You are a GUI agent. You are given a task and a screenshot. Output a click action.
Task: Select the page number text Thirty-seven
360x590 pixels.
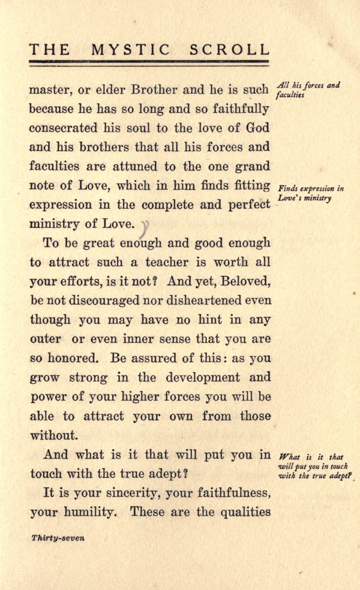[58, 538]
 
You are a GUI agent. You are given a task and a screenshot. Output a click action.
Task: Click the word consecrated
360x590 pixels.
[67, 129]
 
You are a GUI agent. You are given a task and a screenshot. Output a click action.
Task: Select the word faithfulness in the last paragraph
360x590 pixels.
[223, 492]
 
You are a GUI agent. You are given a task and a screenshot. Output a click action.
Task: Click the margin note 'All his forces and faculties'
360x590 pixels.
[308, 89]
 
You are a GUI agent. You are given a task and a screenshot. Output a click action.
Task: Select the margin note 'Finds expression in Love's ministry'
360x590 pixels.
[311, 193]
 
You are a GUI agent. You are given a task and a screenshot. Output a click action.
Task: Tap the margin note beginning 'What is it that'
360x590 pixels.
[314, 466]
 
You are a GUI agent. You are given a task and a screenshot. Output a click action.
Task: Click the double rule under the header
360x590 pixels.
[149, 62]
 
